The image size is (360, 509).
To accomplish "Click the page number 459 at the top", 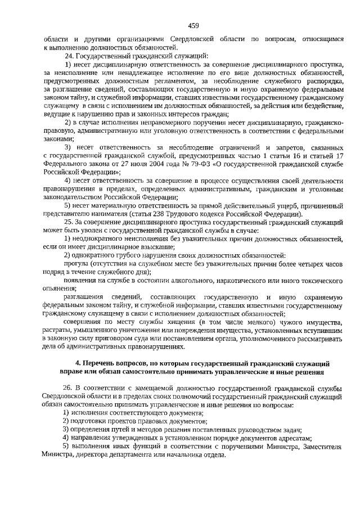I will (193, 25).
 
